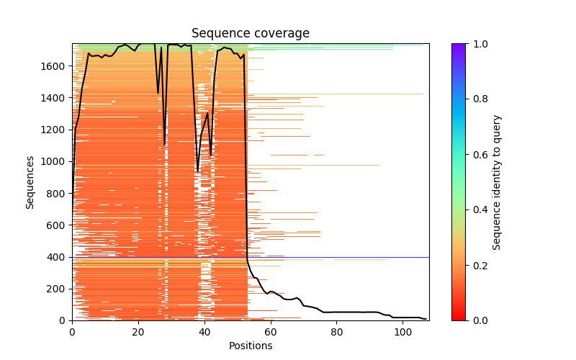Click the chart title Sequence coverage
click(x=251, y=34)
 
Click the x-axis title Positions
click(x=251, y=346)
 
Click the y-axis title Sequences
click(x=30, y=181)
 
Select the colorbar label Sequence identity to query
click(x=497, y=181)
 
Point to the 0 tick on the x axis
click(x=72, y=331)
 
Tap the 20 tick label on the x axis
click(x=138, y=331)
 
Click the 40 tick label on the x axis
click(x=204, y=331)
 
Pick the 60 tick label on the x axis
click(x=271, y=331)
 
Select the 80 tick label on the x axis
click(x=337, y=331)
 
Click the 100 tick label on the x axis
click(x=403, y=331)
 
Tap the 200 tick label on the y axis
click(x=57, y=289)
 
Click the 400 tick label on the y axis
click(x=57, y=257)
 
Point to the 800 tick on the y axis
click(x=57, y=193)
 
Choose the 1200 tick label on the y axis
click(x=54, y=130)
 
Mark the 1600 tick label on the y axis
click(x=54, y=66)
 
